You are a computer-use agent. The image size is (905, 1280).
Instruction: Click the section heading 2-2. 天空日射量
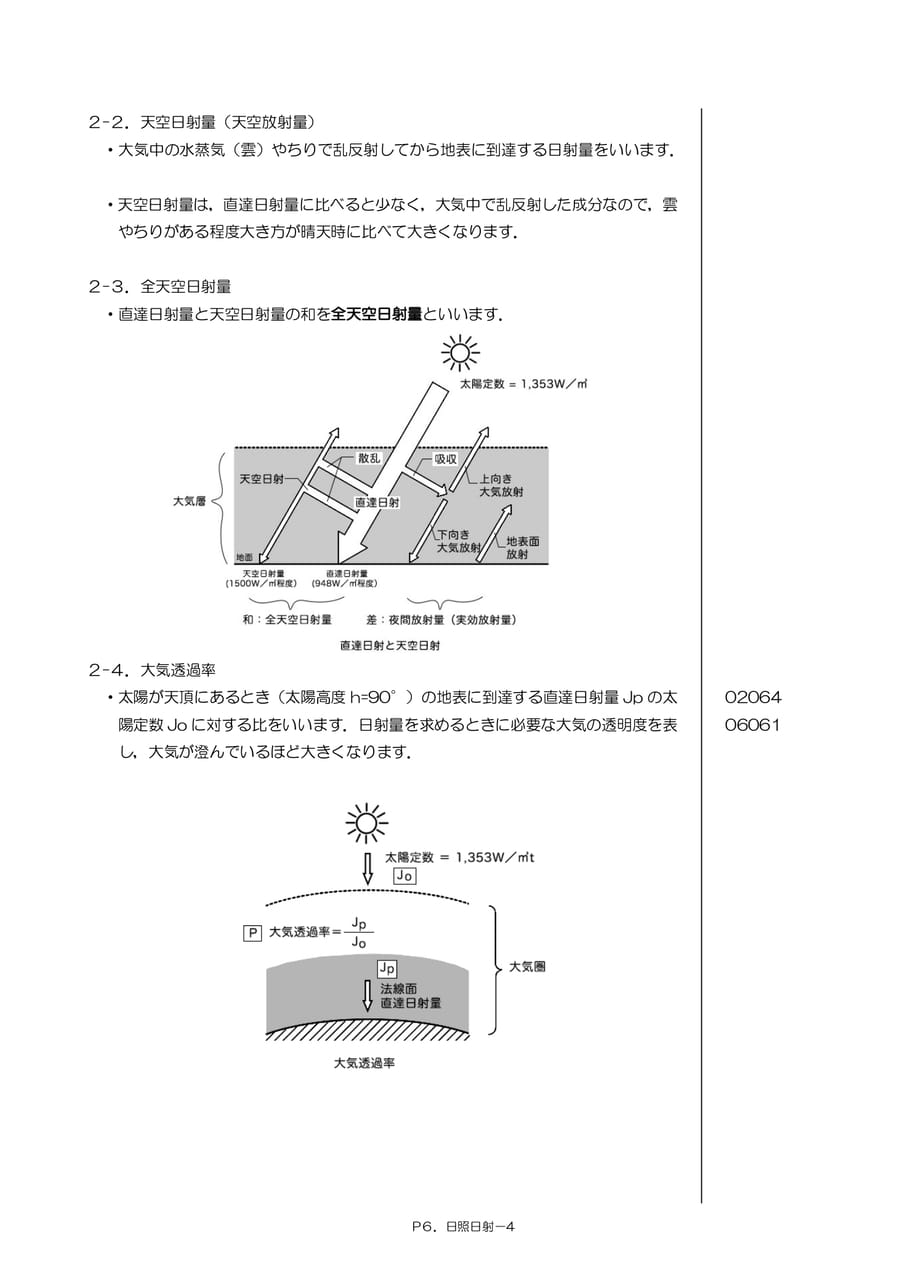coord(202,122)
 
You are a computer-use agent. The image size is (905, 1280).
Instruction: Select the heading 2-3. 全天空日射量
coord(160,286)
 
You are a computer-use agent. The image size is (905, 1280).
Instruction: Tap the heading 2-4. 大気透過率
coord(152,670)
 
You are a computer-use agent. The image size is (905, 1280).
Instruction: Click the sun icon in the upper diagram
coord(460,353)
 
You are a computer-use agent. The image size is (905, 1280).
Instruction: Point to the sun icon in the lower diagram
coord(367,823)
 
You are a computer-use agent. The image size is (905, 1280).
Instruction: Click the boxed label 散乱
coord(369,458)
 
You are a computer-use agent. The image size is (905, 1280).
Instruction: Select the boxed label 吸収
coord(445,459)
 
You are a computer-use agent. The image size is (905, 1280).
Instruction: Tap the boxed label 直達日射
coord(377,502)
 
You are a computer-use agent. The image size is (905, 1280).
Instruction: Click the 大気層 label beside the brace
coord(189,502)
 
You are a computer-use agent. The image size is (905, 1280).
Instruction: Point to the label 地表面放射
coord(522,547)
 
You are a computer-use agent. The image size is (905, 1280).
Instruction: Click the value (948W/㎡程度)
coord(345,583)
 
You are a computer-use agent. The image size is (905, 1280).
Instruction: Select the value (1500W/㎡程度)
coord(262,583)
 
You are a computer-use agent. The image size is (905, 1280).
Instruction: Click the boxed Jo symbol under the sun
coord(405,876)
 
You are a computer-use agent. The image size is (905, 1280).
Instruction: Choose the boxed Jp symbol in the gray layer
coord(387,969)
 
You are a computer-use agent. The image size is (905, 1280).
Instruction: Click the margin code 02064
coord(752,697)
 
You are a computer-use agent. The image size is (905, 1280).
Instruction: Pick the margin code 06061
coord(752,725)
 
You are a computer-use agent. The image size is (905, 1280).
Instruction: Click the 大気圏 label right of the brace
coord(527,967)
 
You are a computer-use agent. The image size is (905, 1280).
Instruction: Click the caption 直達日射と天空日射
coord(390,646)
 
